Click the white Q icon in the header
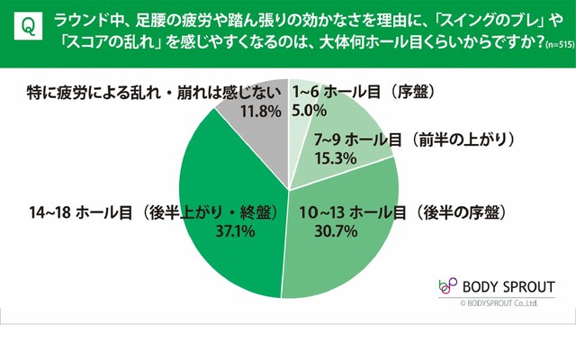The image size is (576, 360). (27, 30)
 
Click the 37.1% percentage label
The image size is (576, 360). (232, 232)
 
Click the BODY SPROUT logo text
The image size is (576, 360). (508, 287)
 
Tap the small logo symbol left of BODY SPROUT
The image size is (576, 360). (446, 287)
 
